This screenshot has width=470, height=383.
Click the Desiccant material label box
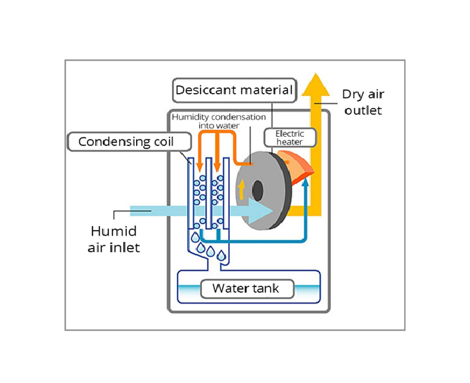[x=234, y=90]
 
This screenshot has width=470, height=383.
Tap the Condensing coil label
[x=126, y=141]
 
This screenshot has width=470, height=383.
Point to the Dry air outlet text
[x=363, y=102]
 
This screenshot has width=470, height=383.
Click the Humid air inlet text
[x=115, y=239]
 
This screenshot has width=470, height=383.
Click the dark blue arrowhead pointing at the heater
[x=306, y=182]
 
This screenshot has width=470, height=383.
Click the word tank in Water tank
[x=271, y=289]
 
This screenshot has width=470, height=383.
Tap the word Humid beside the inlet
[x=114, y=231]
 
